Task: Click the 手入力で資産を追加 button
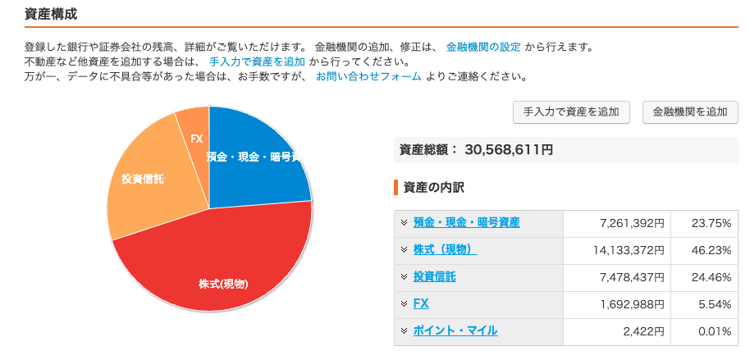[571, 112]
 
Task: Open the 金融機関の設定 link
[483, 47]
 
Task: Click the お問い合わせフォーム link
[368, 76]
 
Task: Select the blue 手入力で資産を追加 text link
[257, 62]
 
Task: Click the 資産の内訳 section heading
[433, 187]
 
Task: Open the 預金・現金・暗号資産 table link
[466, 223]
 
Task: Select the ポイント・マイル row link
[455, 331]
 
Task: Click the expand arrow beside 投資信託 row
[404, 277]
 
